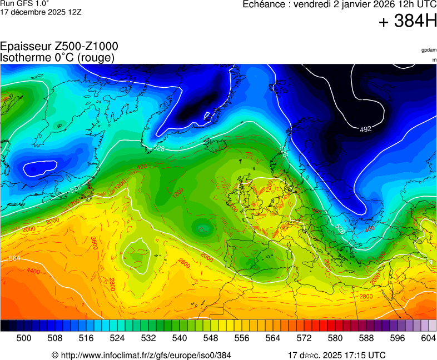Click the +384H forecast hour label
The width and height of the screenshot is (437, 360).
coord(407,22)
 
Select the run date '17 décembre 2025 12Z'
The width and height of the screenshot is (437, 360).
coord(41,12)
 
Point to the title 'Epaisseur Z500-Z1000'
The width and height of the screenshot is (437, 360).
coord(59,47)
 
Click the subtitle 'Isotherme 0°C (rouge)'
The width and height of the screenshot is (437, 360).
coord(57,57)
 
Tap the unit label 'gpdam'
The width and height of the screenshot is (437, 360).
coord(429,50)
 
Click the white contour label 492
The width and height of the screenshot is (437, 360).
coord(365,129)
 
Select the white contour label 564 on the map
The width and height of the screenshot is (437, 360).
coord(15,259)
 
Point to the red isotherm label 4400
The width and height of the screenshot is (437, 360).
coord(33,271)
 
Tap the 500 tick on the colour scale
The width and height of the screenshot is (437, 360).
coord(24,338)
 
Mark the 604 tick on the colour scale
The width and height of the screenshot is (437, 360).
coord(428,338)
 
